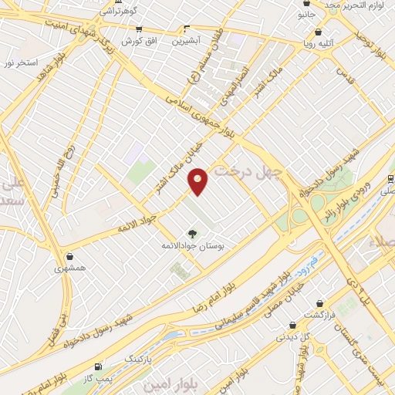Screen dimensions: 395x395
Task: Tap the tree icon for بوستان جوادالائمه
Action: (x=191, y=232)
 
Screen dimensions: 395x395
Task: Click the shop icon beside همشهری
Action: (x=71, y=256)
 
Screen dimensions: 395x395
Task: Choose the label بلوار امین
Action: (x=161, y=383)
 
